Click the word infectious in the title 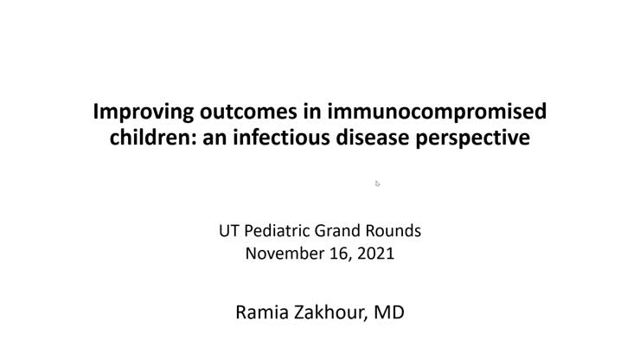tap(287, 137)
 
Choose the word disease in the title tap(384, 137)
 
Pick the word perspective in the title tap(480, 137)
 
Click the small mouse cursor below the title tap(378, 183)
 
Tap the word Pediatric tap(276, 231)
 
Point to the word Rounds tap(395, 231)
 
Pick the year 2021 tap(376, 254)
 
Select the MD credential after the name tap(389, 312)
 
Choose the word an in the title tap(226, 137)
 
